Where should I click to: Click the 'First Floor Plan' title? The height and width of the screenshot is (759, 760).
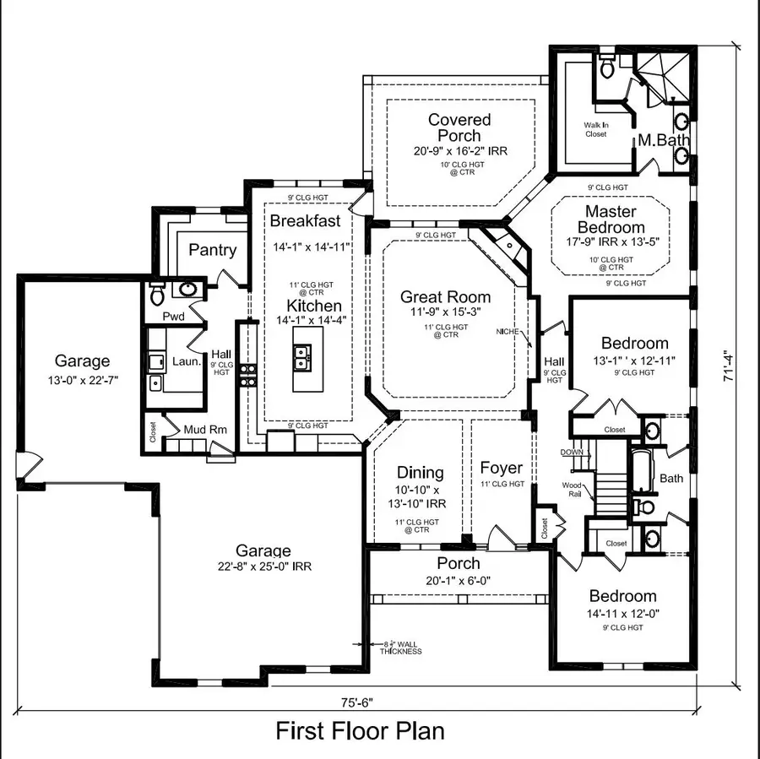tap(360, 730)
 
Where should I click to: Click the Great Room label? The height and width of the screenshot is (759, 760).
tap(445, 297)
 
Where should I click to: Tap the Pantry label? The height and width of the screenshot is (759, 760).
tap(213, 251)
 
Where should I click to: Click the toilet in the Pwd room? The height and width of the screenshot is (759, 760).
tap(157, 295)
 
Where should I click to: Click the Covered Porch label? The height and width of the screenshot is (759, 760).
tap(459, 127)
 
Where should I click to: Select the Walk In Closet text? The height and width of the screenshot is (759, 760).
tap(595, 129)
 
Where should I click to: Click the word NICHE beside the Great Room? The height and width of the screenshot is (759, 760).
tap(508, 332)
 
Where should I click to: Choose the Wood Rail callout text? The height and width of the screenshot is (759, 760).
tap(573, 489)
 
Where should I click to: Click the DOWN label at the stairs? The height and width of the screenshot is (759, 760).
tap(571, 453)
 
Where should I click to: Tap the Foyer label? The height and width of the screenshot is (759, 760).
tap(502, 468)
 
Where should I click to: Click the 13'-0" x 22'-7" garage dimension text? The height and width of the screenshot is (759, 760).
tap(83, 380)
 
